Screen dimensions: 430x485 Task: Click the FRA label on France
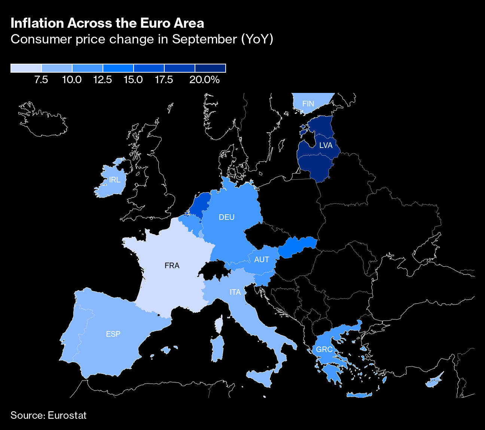pyautogui.click(x=172, y=266)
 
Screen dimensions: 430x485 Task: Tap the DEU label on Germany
pyautogui.click(x=226, y=217)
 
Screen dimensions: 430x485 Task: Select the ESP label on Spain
pyautogui.click(x=113, y=334)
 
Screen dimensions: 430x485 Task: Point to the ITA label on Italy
pyautogui.click(x=235, y=292)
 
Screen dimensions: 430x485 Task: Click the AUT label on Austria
pyautogui.click(x=262, y=260)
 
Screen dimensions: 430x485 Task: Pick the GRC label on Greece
pyautogui.click(x=324, y=349)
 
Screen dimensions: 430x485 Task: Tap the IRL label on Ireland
pyautogui.click(x=115, y=180)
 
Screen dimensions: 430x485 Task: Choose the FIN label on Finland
pyautogui.click(x=308, y=104)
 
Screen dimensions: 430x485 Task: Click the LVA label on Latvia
pyautogui.click(x=326, y=145)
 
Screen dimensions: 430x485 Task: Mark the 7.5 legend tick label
pyautogui.click(x=41, y=80)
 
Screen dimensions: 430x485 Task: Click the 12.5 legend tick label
pyautogui.click(x=103, y=80)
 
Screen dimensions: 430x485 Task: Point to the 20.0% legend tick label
pyautogui.click(x=204, y=80)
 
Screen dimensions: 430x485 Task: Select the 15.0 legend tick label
pyautogui.click(x=133, y=80)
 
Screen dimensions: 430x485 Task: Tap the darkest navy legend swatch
pyautogui.click(x=210, y=68)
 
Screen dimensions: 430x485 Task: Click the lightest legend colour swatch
pyautogui.click(x=26, y=68)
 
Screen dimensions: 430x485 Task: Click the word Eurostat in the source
pyautogui.click(x=67, y=415)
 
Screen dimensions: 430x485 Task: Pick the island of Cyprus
pyautogui.click(x=434, y=381)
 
